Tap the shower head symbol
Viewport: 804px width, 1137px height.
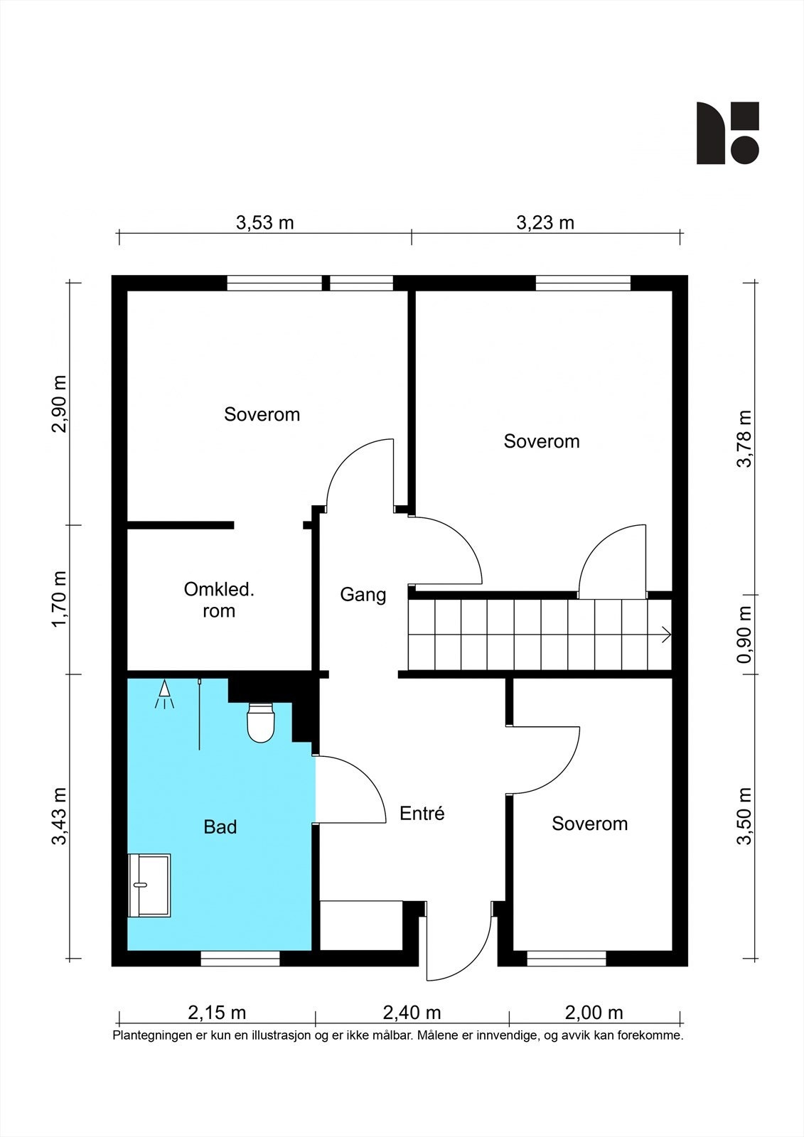[x=164, y=694]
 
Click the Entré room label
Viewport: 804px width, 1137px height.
[x=422, y=814]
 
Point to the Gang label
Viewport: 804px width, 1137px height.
[x=363, y=595]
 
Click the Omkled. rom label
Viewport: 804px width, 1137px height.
[x=219, y=600]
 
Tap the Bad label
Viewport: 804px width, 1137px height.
[x=220, y=827]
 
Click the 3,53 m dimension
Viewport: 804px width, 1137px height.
[x=264, y=222]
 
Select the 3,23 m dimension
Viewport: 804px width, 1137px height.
[x=545, y=222]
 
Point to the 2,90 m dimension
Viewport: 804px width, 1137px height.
[x=59, y=404]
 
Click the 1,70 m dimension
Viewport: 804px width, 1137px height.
[x=59, y=599]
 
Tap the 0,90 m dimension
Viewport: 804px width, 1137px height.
[x=744, y=635]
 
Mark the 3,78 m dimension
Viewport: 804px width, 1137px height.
[x=744, y=438]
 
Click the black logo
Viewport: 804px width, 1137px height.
[x=727, y=133]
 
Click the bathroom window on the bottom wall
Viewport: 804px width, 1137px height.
[x=240, y=959]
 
